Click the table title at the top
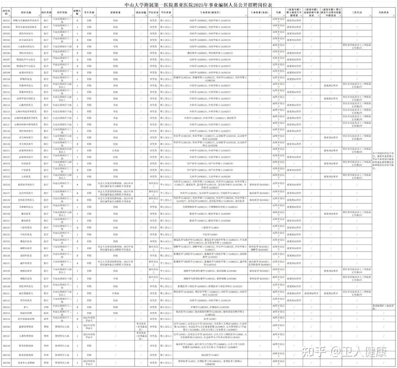click(198, 5)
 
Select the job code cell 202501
click(6, 20)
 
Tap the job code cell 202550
click(6, 362)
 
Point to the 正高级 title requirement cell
click(115, 150)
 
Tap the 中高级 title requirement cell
click(115, 293)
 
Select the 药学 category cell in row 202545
click(46, 319)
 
